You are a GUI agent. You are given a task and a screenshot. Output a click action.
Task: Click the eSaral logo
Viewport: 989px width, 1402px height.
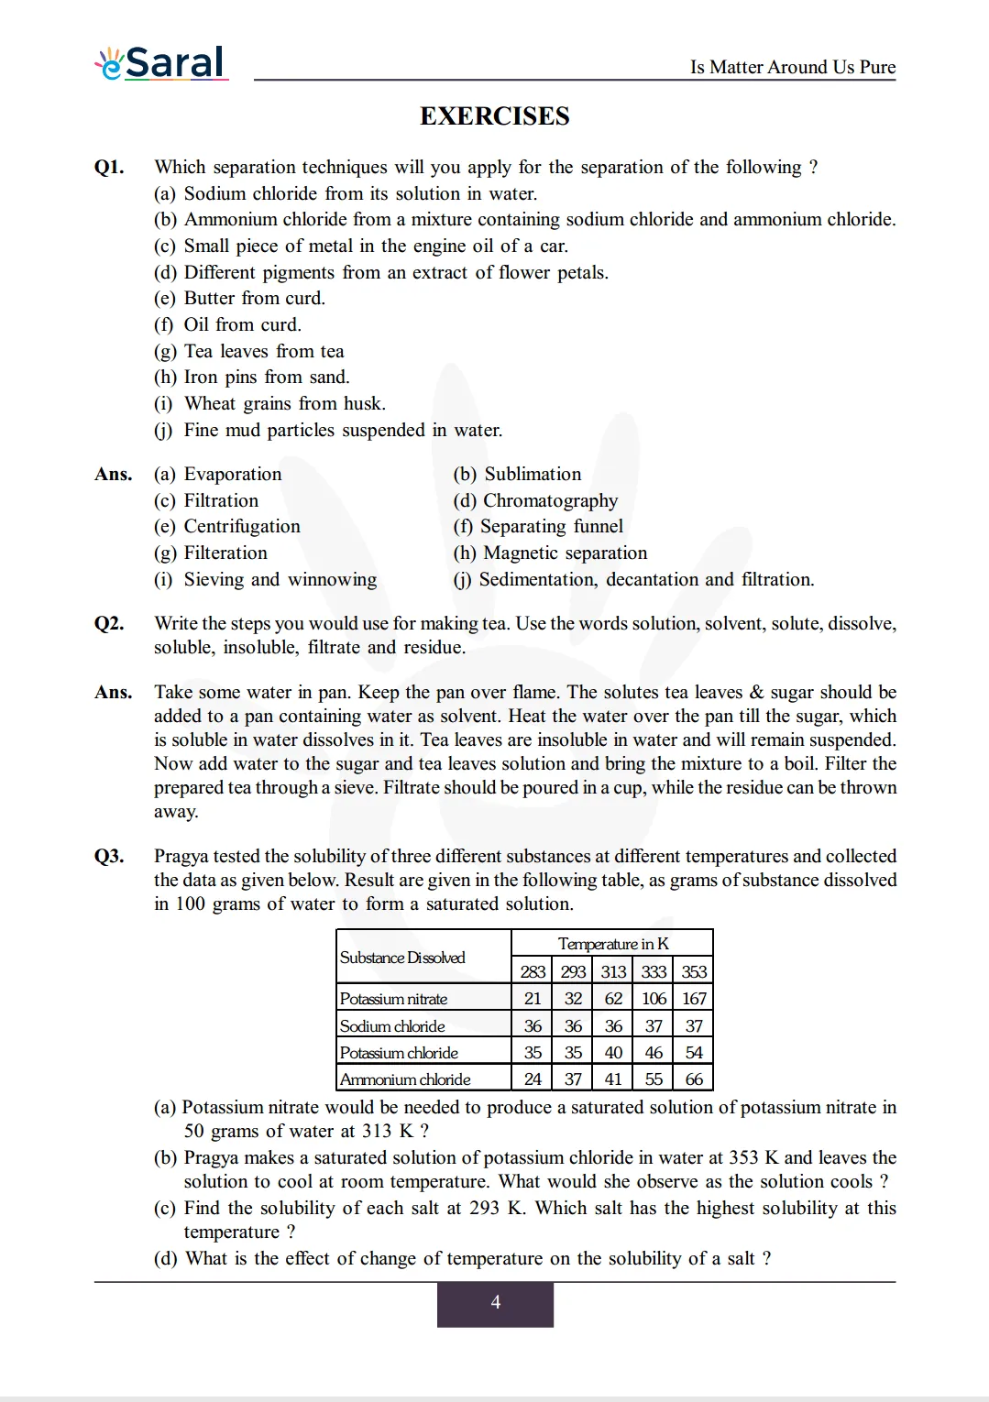[x=160, y=62]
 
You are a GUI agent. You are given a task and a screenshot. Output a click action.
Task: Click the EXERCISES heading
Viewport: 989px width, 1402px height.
[x=494, y=116]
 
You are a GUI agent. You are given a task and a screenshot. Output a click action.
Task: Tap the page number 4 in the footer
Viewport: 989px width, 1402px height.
[x=495, y=1302]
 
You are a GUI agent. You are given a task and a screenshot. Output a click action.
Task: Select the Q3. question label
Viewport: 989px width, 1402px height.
[x=109, y=856]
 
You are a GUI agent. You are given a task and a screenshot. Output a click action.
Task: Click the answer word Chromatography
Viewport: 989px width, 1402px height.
[x=550, y=500]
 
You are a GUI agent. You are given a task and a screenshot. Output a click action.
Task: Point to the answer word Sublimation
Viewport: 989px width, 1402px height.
[x=533, y=474]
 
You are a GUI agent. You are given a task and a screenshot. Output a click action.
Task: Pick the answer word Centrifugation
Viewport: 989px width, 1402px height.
[x=242, y=526]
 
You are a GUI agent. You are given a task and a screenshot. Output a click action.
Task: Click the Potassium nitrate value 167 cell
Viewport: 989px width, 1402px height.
[x=694, y=999]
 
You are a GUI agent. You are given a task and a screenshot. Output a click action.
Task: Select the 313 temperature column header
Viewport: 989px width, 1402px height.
[x=613, y=971]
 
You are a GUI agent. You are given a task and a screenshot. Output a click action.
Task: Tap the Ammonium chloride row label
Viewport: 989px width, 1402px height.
[x=405, y=1079]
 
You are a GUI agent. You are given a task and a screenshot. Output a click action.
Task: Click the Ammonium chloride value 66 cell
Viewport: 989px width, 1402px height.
[x=694, y=1079]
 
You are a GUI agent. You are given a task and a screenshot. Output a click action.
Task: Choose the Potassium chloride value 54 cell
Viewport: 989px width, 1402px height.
[x=694, y=1053]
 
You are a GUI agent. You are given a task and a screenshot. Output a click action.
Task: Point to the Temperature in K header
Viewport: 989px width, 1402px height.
[x=612, y=944]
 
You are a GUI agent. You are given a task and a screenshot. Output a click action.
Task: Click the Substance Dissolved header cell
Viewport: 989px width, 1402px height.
[x=402, y=958]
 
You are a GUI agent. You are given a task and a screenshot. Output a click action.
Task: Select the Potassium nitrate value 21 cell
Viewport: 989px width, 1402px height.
[x=533, y=999]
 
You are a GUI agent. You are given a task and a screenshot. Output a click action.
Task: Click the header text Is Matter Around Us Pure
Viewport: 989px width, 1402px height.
[x=792, y=67]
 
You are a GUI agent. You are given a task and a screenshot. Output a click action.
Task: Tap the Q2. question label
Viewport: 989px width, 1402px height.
[x=109, y=623]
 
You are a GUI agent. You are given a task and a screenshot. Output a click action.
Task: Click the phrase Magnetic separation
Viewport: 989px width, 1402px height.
[x=565, y=553]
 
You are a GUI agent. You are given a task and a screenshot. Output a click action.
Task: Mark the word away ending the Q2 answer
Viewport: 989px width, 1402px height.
[x=176, y=811]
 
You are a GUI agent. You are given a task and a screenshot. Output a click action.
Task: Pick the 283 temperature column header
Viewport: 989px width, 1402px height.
[x=533, y=971]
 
